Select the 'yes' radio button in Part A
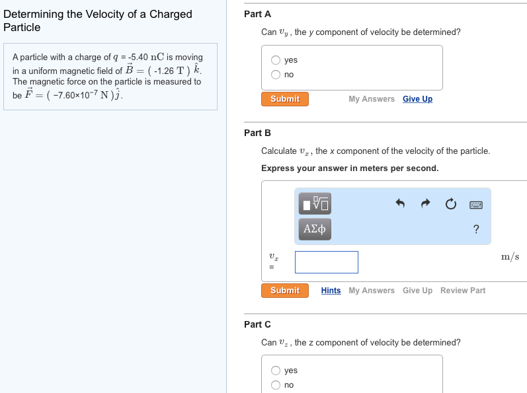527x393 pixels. pyautogui.click(x=276, y=60)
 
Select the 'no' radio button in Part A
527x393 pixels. pyautogui.click(x=276, y=75)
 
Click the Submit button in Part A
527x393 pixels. pyautogui.click(x=285, y=99)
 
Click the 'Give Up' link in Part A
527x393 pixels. pyautogui.click(x=417, y=99)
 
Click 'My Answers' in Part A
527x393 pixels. pyautogui.click(x=372, y=99)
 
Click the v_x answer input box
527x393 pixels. pyautogui.click(x=327, y=262)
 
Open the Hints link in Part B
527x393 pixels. pyautogui.click(x=331, y=291)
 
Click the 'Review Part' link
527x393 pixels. pyautogui.click(x=463, y=291)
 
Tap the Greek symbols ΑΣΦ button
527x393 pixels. pyautogui.click(x=313, y=229)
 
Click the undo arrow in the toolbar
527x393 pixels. pyautogui.click(x=400, y=204)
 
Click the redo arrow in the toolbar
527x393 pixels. pyautogui.click(x=425, y=204)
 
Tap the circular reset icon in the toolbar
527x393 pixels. pyautogui.click(x=450, y=204)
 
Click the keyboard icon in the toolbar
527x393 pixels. pyautogui.click(x=476, y=205)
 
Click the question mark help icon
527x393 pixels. pyautogui.click(x=476, y=229)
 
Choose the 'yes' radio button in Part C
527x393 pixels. pyautogui.click(x=276, y=371)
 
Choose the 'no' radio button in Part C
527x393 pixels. pyautogui.click(x=276, y=385)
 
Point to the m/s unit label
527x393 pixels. pyautogui.click(x=510, y=256)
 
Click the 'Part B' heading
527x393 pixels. pyautogui.click(x=257, y=133)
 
